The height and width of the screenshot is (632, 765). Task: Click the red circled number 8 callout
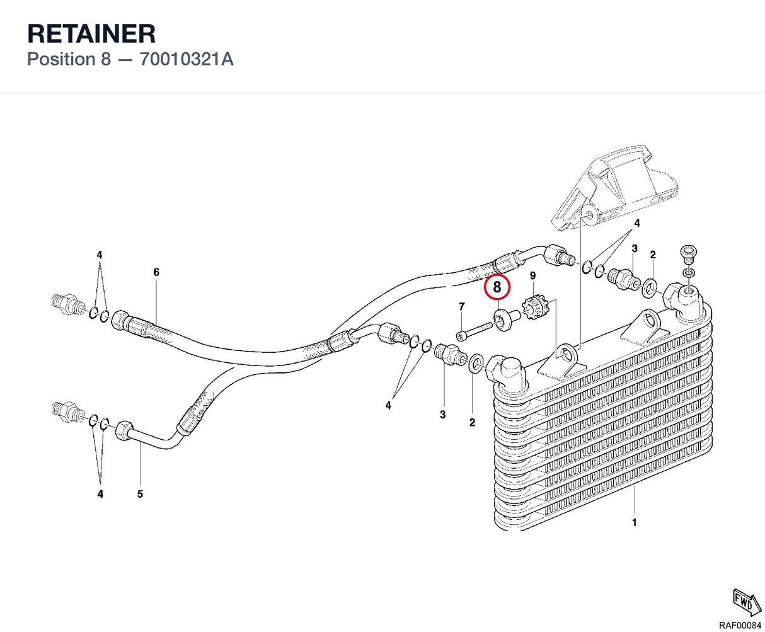coord(497,287)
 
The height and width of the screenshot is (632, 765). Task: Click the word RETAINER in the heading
coord(91,33)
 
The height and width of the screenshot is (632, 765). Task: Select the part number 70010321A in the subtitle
coord(187,59)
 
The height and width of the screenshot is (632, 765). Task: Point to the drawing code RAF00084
coord(740,624)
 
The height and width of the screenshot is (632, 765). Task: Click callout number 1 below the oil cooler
coord(634,522)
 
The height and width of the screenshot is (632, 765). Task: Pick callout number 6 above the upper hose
coord(156,272)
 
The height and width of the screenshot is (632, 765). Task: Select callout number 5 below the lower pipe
coord(140,494)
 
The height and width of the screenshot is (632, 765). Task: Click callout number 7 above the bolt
coord(462,306)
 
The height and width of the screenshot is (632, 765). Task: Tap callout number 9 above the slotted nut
coord(532,275)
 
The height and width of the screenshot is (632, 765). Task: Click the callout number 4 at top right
coord(637,223)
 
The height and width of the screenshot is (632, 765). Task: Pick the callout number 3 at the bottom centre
coord(442,415)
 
